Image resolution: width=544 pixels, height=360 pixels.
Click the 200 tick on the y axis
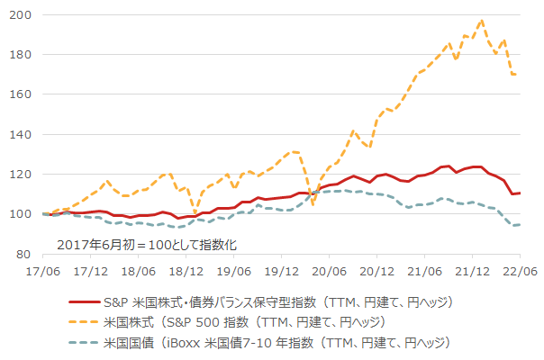pos(22,15)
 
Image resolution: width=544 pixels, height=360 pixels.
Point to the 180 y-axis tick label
pos(22,55)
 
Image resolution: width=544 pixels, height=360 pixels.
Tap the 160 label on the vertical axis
pos(22,94)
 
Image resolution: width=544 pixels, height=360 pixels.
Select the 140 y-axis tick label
pos(22,134)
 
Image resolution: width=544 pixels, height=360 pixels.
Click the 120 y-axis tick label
pos(22,175)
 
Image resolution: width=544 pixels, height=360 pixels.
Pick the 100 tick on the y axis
pos(22,214)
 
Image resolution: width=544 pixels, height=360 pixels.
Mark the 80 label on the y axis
pos(25,254)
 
